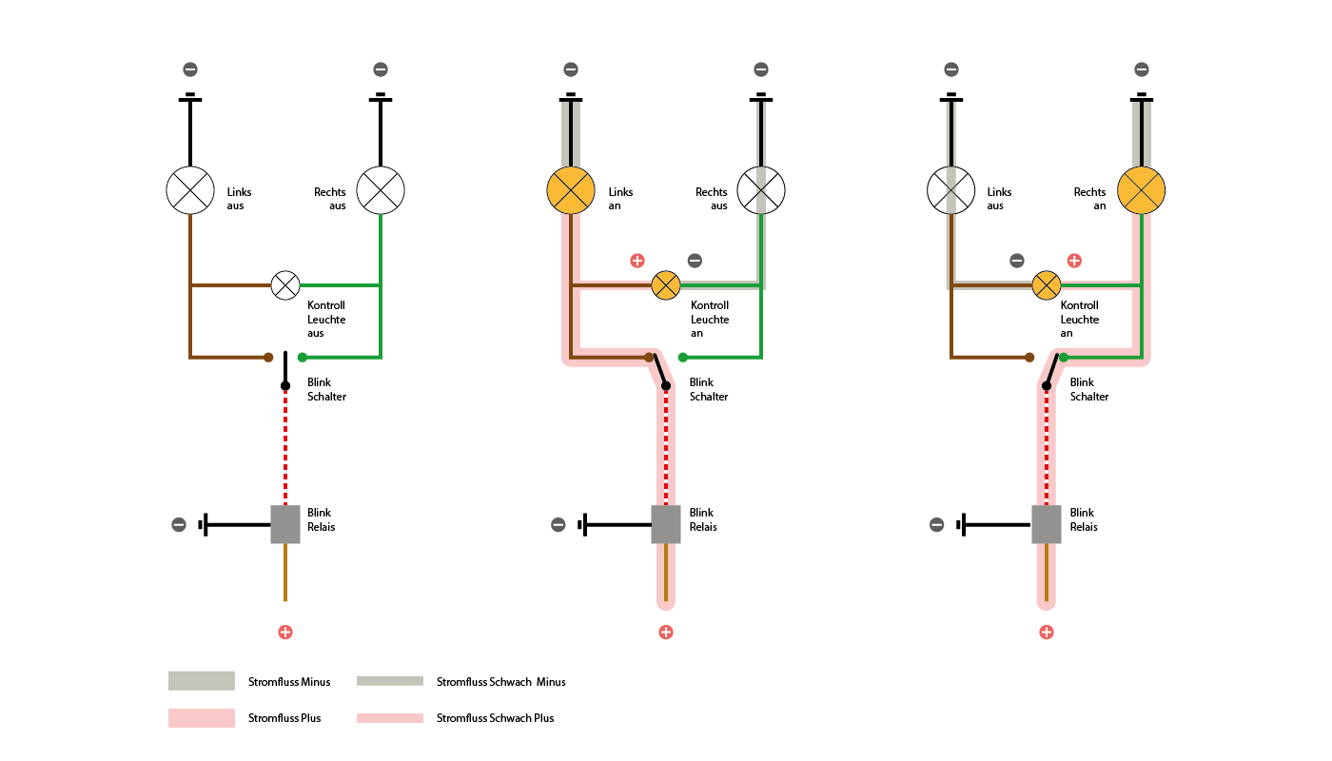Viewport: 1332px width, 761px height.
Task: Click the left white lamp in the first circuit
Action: (x=190, y=190)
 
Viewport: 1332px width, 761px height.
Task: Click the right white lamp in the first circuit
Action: (x=381, y=190)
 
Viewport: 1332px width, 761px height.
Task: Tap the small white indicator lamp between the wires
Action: (x=285, y=285)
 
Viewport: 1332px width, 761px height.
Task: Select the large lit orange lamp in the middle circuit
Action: (x=571, y=190)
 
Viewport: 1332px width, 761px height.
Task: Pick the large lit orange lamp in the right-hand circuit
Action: (x=1141, y=190)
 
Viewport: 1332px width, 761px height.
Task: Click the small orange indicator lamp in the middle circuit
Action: (x=666, y=285)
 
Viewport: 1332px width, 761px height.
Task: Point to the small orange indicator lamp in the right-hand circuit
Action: (x=1047, y=285)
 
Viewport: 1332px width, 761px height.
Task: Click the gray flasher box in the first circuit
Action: (x=285, y=524)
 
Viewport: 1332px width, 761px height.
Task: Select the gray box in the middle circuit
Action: (x=666, y=524)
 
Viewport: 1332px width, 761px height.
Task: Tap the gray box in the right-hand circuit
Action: (x=1047, y=524)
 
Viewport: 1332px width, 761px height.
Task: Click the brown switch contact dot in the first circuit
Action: (x=268, y=358)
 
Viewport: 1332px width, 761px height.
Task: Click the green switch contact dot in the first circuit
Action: (x=303, y=358)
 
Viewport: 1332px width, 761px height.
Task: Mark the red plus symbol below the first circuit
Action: (x=285, y=633)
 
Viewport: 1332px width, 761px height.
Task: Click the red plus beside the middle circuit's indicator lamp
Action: (x=637, y=261)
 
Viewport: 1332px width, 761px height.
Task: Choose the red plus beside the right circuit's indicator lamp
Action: (x=1074, y=261)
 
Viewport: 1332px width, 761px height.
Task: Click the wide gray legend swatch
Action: (x=202, y=680)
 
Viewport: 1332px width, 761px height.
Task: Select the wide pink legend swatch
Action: (x=202, y=718)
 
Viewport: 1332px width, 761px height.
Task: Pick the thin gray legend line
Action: (x=390, y=680)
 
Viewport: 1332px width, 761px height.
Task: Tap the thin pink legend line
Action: (x=390, y=718)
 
